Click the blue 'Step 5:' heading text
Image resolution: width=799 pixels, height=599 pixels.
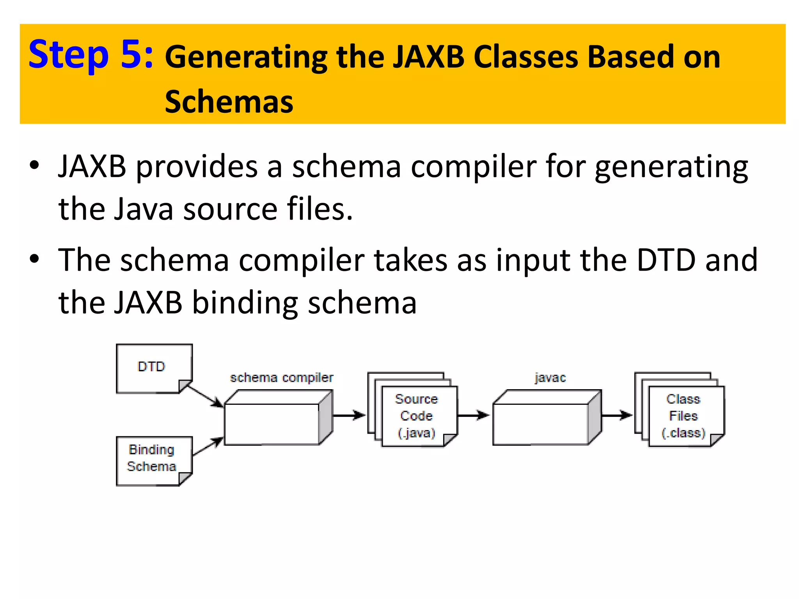[x=91, y=55]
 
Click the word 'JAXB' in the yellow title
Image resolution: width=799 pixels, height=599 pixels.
[x=428, y=57]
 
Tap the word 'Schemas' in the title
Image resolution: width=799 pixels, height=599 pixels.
[x=229, y=102]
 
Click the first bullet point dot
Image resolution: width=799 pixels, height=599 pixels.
[x=34, y=165]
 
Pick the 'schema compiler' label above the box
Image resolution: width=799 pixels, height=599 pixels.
[x=281, y=377]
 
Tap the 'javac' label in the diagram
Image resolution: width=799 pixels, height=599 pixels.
[x=550, y=377]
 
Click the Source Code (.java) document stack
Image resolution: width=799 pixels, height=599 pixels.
[x=416, y=415]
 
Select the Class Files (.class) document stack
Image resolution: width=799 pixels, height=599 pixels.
[x=683, y=415]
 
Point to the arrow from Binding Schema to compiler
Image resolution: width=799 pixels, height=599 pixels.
[x=208, y=447]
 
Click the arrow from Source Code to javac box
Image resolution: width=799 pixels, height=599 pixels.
[x=473, y=415]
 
